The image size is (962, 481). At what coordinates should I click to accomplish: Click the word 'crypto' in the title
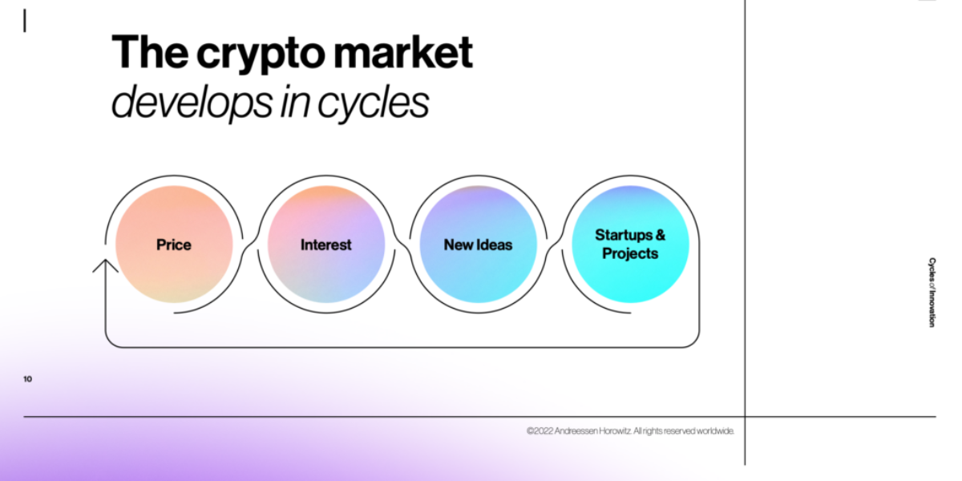tap(261, 54)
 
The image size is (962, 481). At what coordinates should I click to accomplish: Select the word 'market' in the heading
tap(402, 52)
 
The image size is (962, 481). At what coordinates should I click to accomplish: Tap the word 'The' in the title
tap(149, 51)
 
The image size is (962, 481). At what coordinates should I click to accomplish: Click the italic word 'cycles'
tap(373, 103)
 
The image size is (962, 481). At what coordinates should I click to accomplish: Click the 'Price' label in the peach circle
tap(173, 245)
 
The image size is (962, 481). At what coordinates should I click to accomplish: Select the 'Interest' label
tap(325, 245)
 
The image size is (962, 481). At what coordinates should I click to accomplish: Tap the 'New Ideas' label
tap(478, 245)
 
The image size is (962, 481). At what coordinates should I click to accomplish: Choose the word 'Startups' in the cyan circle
tap(624, 236)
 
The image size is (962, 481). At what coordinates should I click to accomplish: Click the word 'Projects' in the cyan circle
tap(630, 253)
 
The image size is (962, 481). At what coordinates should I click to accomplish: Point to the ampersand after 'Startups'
tap(661, 235)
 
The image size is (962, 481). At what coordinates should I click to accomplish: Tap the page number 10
tap(27, 378)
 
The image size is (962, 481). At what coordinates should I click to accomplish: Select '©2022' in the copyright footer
tap(540, 430)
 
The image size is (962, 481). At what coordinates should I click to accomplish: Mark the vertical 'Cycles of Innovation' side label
tap(932, 292)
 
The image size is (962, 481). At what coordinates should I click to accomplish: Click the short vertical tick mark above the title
tap(25, 21)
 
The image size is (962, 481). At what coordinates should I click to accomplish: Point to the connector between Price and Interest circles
tap(250, 243)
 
